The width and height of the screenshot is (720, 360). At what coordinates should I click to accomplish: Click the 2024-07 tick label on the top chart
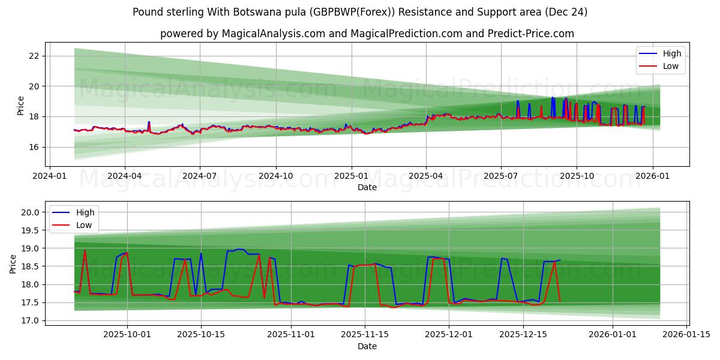tap(200, 176)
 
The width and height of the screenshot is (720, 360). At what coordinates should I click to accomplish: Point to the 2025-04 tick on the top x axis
tap(426, 176)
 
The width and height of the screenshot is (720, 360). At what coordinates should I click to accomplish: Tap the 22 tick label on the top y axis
tap(34, 56)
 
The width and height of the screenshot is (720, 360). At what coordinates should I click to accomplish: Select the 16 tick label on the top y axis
tap(34, 147)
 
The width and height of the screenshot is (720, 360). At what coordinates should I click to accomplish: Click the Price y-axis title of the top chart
tap(21, 106)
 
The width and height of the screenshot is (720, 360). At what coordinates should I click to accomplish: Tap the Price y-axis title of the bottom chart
tap(13, 264)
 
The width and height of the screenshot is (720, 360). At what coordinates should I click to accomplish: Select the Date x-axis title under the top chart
tap(367, 187)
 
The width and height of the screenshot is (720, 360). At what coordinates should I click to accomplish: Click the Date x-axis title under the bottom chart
tap(367, 346)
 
